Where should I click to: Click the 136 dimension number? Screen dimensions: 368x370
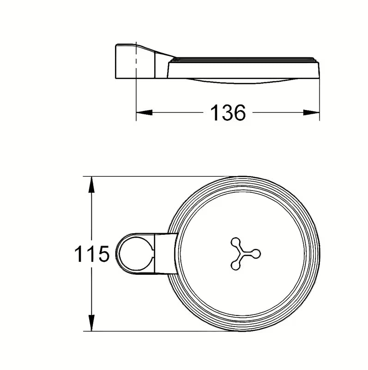(x=228, y=112)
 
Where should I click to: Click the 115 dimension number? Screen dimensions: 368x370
(x=91, y=253)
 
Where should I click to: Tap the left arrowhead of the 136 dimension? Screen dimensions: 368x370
(x=144, y=112)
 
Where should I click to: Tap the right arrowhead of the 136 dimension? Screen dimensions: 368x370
(x=311, y=112)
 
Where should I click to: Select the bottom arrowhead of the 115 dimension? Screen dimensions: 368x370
(x=91, y=323)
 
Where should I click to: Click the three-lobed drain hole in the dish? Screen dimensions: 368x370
(x=245, y=253)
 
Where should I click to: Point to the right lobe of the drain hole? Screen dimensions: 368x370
(x=256, y=254)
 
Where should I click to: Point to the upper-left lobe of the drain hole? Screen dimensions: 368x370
(x=235, y=242)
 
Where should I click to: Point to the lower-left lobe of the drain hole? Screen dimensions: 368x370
(x=235, y=265)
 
